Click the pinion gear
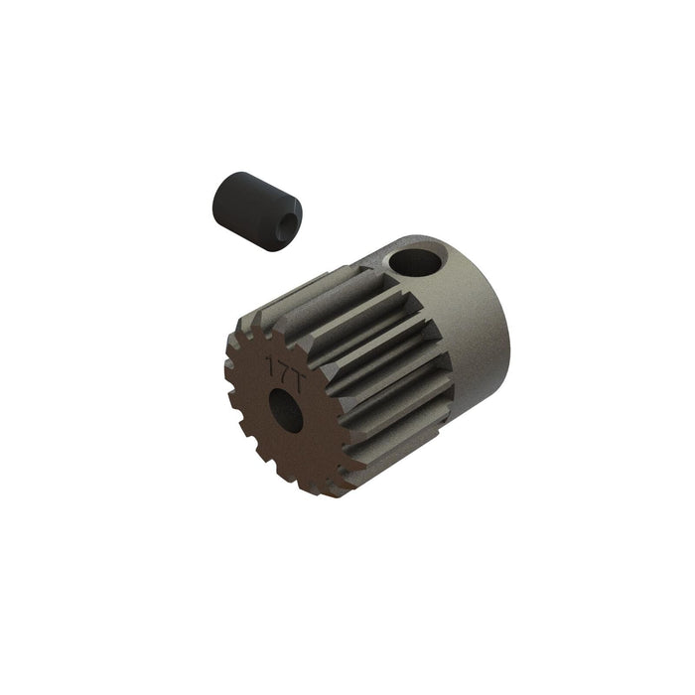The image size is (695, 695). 367,367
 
